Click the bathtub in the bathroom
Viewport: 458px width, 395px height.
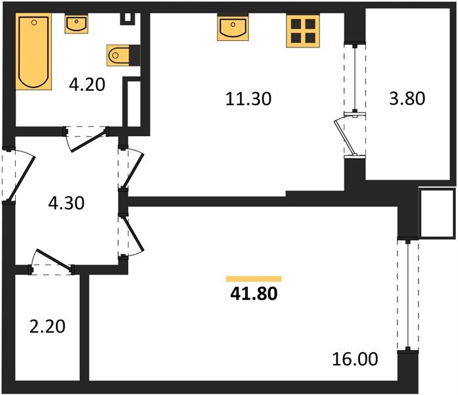coord(34,52)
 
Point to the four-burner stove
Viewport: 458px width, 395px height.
coord(302,30)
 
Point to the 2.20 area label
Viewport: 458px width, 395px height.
coord(47,325)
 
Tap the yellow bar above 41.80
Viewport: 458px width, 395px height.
coord(254,279)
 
